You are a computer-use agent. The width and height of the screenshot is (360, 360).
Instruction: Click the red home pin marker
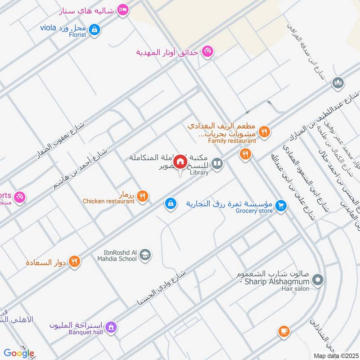coord(180,162)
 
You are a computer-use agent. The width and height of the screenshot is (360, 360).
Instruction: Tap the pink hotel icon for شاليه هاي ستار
coord(122,10)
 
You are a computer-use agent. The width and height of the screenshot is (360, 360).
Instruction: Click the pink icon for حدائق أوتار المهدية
coord(207,51)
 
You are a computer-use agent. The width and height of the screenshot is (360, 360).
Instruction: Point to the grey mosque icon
coord(338,83)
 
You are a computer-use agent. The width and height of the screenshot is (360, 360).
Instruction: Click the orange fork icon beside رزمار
coord(143,196)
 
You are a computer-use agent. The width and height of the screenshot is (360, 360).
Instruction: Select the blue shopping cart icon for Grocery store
coord(281,205)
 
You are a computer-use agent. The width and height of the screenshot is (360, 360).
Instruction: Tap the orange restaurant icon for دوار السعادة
coord(75,261)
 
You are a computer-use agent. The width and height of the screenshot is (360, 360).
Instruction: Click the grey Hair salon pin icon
coord(318,281)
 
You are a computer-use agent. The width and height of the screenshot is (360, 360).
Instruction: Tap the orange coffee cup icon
coord(283,332)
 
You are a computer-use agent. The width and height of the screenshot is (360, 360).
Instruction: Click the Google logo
coord(19,353)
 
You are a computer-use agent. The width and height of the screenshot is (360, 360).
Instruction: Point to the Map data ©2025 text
coord(336,355)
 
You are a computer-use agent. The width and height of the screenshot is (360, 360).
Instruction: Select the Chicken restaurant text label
coord(108,201)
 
